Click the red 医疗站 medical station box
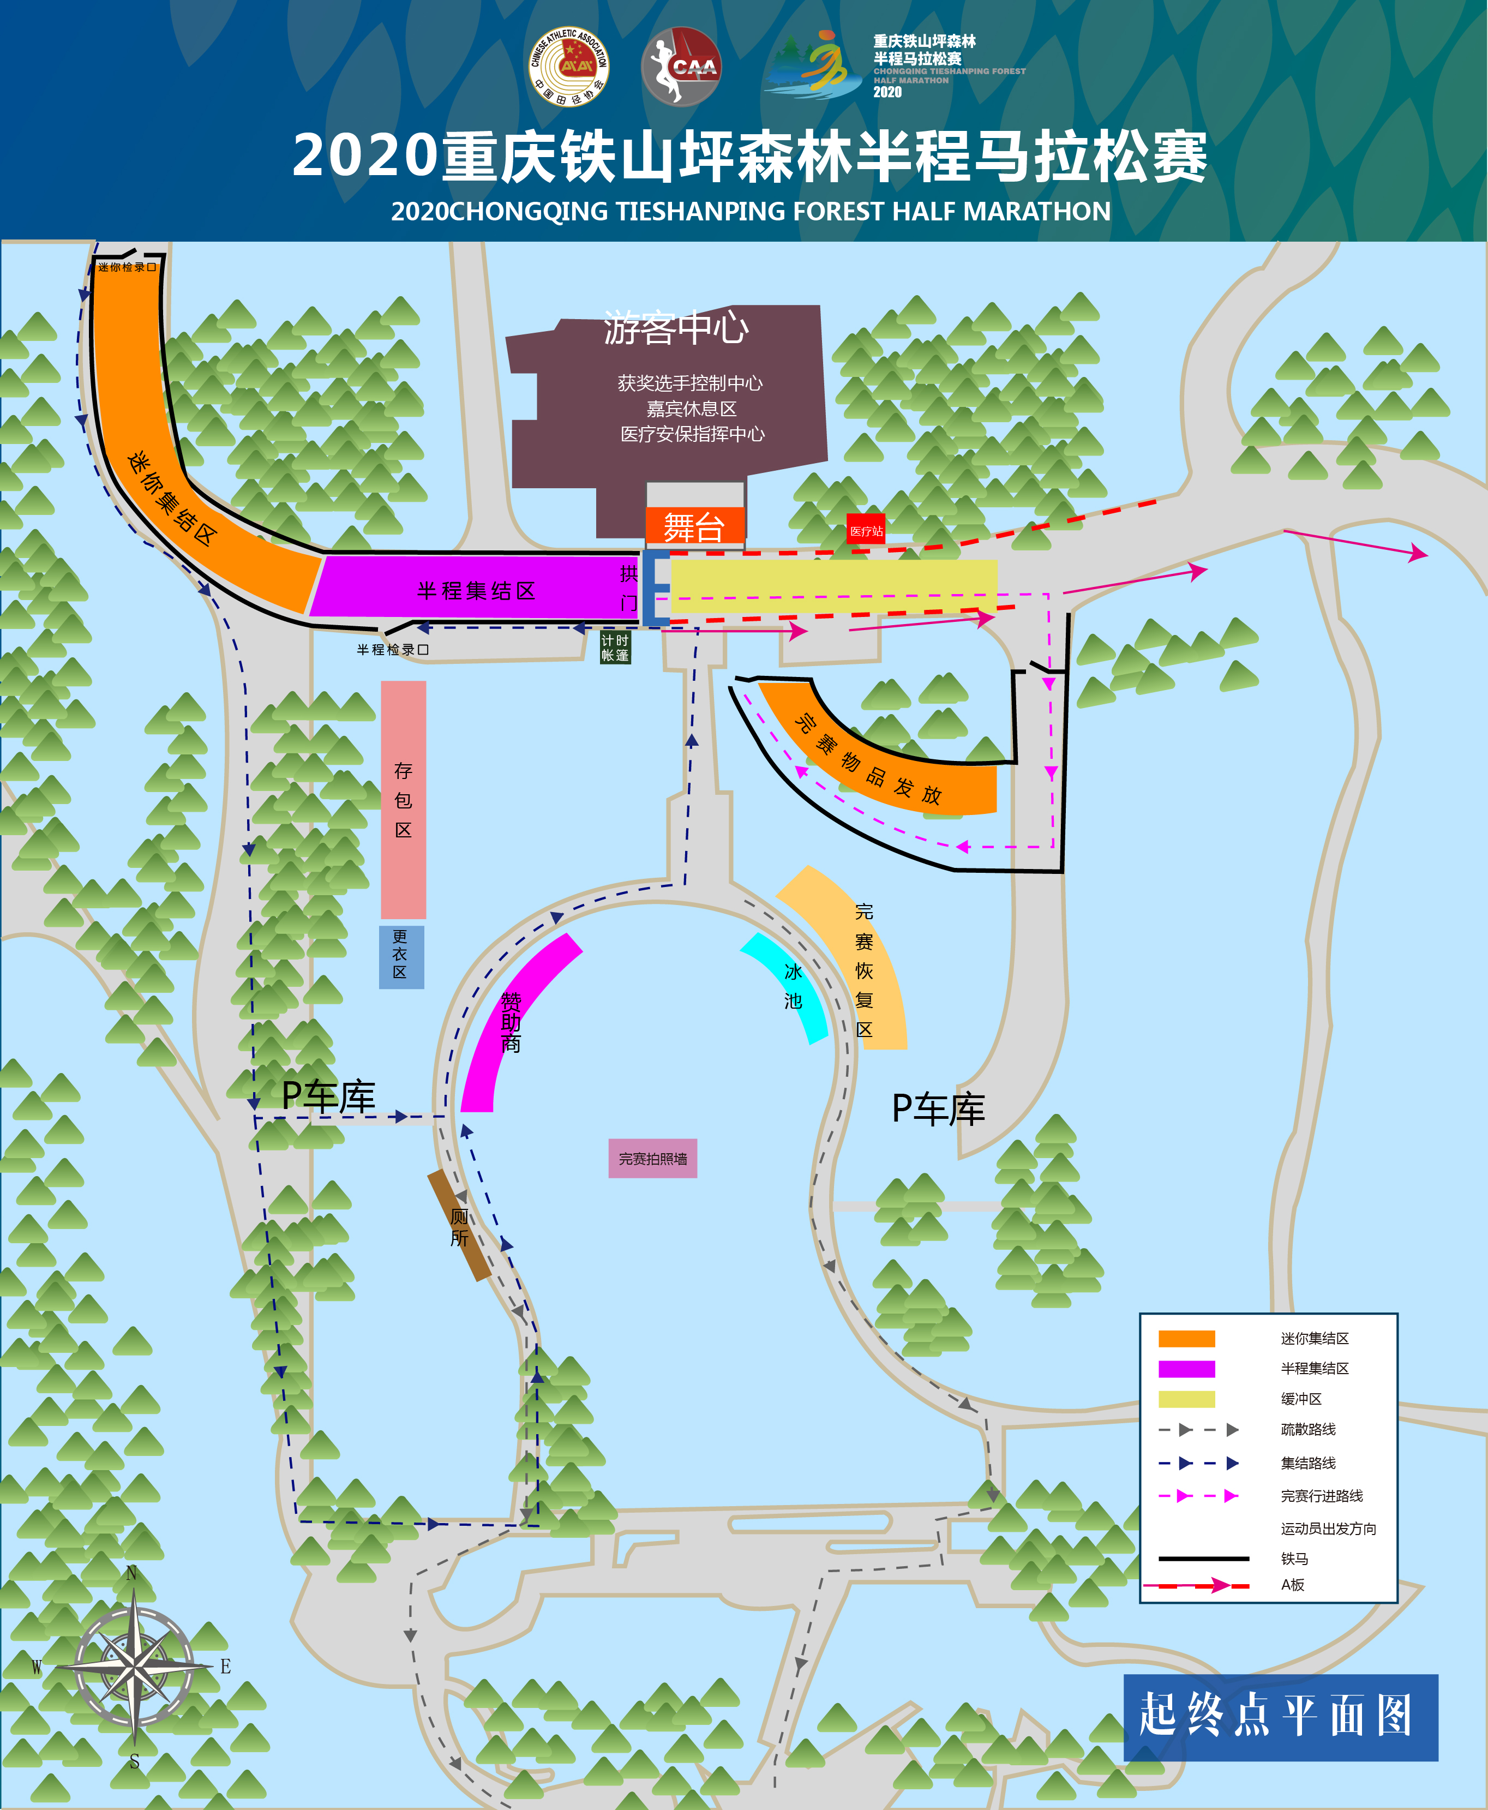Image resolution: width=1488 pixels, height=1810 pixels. (866, 530)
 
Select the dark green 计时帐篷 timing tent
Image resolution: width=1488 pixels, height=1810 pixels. (615, 648)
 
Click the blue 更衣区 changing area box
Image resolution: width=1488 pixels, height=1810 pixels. (401, 956)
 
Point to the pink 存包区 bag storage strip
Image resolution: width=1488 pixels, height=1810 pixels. (403, 799)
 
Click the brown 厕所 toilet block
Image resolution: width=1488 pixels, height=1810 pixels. (459, 1226)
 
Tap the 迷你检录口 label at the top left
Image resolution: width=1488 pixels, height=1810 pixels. (127, 267)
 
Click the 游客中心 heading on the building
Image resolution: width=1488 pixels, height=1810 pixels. (675, 327)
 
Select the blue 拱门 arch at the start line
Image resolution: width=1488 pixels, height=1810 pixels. (655, 587)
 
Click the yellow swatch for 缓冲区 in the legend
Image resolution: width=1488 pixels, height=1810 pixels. (1186, 1399)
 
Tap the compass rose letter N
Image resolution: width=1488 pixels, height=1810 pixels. (131, 1573)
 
